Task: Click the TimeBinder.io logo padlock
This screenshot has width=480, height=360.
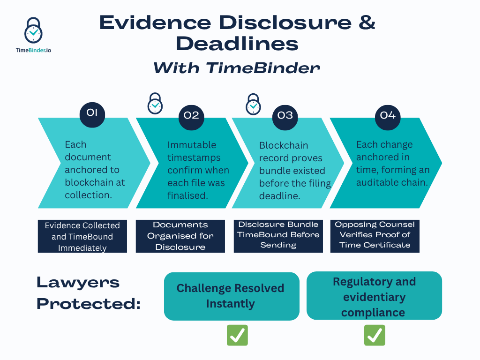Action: (x=33, y=31)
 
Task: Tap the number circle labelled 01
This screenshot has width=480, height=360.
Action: (x=92, y=112)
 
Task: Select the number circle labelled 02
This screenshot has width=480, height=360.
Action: (x=191, y=115)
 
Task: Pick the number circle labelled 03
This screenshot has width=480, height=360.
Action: (x=285, y=115)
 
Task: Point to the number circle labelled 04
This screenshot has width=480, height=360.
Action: (x=388, y=115)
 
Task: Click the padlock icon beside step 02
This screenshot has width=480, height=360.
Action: (x=155, y=104)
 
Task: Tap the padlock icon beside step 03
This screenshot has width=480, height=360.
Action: (x=253, y=104)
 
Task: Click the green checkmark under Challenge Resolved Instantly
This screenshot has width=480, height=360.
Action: (x=237, y=336)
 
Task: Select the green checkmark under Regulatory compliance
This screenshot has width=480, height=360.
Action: (x=375, y=336)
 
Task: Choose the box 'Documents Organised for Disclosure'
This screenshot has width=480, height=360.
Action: (x=180, y=236)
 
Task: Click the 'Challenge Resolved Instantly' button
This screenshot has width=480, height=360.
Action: (x=231, y=296)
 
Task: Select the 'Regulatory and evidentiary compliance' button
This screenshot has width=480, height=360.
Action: (x=374, y=296)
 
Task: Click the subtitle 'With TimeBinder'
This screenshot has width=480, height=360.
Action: (x=236, y=68)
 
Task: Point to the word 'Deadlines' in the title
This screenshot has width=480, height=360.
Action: (x=237, y=44)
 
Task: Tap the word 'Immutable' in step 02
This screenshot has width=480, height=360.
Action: (x=192, y=145)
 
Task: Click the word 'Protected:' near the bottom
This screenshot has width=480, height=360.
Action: (x=89, y=303)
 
